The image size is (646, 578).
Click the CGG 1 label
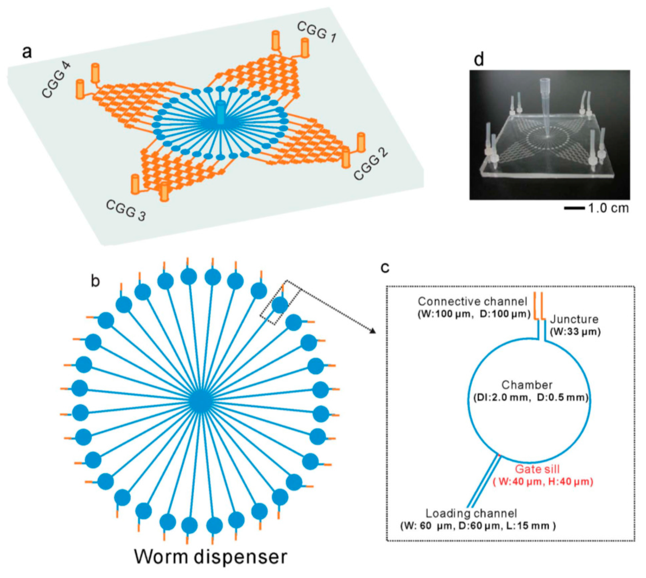tap(316, 33)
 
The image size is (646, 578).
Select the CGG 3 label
tap(126, 210)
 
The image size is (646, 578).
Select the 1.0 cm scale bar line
tap(574, 208)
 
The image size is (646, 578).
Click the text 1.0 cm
tap(608, 208)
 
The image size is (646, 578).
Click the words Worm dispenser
tap(211, 557)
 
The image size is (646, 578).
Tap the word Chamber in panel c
tap(527, 385)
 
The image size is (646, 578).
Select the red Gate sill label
tap(537, 469)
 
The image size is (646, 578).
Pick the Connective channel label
tap(473, 301)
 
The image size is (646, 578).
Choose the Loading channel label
tap(471, 513)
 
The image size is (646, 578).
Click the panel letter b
tap(96, 281)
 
